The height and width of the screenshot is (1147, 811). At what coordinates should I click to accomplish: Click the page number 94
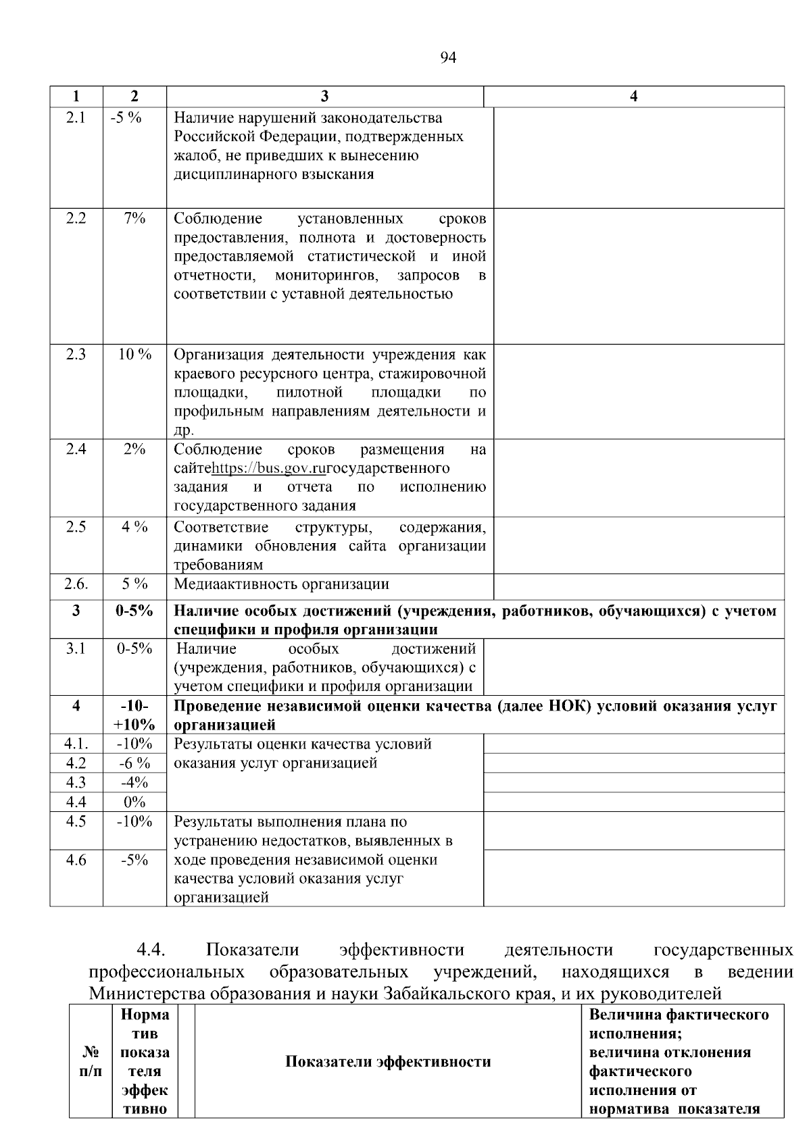click(448, 58)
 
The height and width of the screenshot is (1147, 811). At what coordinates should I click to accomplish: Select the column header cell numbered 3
click(325, 97)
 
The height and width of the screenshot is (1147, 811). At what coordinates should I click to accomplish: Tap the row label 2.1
click(76, 118)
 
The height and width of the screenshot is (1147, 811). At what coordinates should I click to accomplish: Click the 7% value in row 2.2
click(134, 218)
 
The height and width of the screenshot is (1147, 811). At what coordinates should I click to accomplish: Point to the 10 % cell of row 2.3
click(134, 355)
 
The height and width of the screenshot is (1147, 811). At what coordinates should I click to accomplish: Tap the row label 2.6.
click(76, 584)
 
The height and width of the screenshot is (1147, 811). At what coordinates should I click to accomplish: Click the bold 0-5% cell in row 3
click(134, 611)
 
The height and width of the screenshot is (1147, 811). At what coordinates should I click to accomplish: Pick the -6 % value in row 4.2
click(134, 763)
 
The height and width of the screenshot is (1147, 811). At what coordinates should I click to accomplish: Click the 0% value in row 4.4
click(134, 802)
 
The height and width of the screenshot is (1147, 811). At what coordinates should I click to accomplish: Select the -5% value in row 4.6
click(134, 860)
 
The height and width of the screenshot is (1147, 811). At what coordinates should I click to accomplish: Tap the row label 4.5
click(76, 822)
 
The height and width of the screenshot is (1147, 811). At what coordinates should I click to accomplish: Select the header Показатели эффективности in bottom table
click(387, 1061)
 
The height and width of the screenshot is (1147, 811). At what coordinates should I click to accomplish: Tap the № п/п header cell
click(91, 1061)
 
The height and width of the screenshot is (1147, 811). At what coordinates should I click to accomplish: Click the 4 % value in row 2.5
click(134, 527)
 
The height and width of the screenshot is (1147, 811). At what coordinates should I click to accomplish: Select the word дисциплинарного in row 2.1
click(230, 174)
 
